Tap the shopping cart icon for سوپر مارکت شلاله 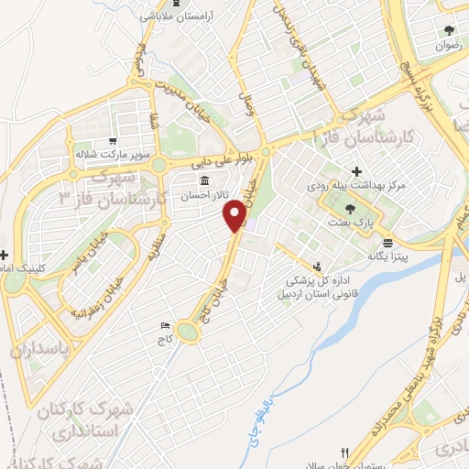pos(112,141)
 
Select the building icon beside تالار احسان pos(204,179)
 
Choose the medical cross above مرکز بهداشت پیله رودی pos(356,171)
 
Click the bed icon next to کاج pos(165,326)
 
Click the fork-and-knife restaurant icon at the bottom pos(344,452)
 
